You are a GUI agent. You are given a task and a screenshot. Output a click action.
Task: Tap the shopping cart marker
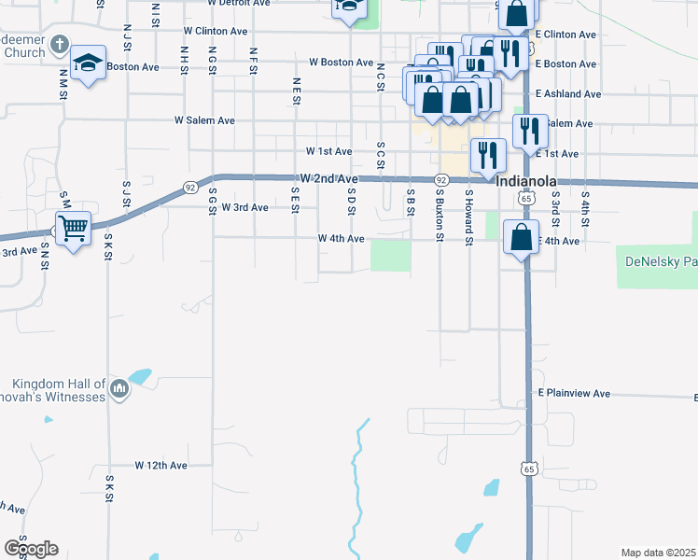[x=73, y=226]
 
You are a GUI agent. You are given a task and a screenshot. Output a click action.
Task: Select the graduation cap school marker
[x=89, y=63]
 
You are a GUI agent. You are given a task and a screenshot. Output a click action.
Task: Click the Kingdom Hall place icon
[x=119, y=388]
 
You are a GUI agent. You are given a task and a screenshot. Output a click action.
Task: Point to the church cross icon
[x=59, y=45]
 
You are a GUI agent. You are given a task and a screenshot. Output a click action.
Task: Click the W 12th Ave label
[x=161, y=465]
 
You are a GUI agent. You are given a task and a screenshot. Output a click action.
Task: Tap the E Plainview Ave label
[x=574, y=394]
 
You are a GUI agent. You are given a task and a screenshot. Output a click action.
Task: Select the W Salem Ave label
[x=204, y=120]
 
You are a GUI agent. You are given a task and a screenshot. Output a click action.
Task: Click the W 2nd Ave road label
[x=329, y=178]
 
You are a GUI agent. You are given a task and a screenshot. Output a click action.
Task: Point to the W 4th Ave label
[x=340, y=239]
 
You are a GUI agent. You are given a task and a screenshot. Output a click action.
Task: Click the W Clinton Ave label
[x=215, y=31]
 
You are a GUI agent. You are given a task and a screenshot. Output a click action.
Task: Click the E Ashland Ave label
[x=568, y=94]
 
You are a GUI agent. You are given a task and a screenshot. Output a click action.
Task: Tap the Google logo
[x=31, y=549]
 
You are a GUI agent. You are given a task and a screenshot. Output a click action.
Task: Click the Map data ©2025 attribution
[x=658, y=553]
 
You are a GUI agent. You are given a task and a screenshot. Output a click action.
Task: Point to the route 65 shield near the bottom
[x=529, y=469]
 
